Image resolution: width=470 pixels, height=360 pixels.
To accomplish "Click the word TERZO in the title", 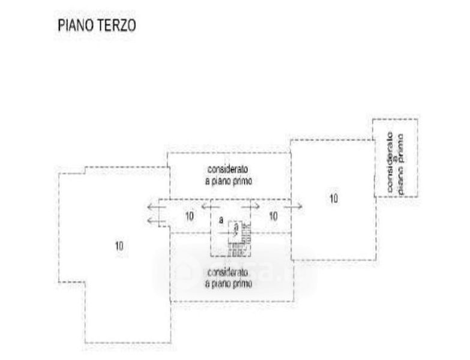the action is coord(116,25).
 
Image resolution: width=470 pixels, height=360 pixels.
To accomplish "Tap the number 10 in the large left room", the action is coord(119,245).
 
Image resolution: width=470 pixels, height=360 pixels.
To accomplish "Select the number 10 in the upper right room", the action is coord(333,198).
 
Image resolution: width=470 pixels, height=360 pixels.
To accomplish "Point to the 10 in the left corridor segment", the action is coord(189,216).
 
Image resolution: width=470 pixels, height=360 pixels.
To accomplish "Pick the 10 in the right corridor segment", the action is coord(273,216).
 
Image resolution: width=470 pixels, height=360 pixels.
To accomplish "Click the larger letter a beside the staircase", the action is coord(221,221).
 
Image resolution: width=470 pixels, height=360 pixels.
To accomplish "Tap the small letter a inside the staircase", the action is coord(236,226).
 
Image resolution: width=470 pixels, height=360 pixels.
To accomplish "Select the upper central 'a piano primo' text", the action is coord(228,180).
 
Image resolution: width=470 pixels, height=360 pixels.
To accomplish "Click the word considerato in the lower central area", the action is coord(228,272).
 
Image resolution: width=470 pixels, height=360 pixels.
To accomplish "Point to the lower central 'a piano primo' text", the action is coord(228,283).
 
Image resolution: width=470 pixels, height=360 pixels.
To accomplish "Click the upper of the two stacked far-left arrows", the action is coord(156,207).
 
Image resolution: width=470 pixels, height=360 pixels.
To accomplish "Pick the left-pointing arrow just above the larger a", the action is coord(209,207).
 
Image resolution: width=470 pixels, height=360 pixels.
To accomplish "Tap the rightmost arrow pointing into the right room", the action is coord(294,207).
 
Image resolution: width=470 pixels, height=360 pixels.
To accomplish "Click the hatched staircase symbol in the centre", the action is coord(239,238).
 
